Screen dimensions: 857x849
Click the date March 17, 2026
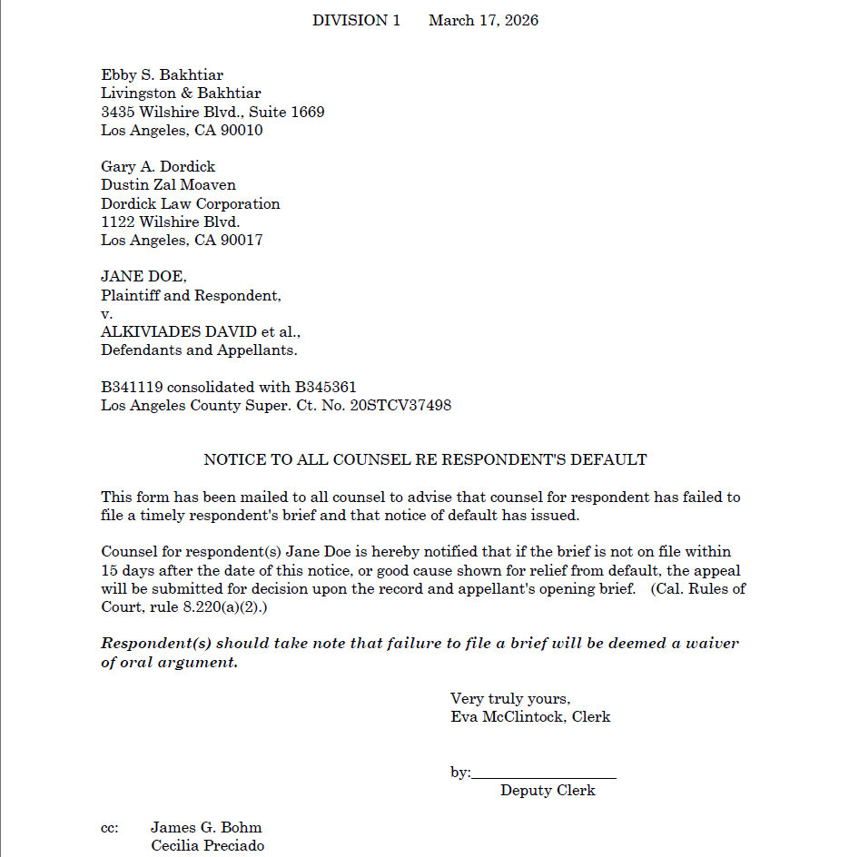(483, 20)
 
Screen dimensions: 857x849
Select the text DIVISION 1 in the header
(356, 20)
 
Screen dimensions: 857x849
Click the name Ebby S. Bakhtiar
(162, 75)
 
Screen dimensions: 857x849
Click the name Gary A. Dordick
(158, 167)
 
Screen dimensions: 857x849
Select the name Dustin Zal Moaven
(168, 185)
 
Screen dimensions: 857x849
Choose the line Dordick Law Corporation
(190, 204)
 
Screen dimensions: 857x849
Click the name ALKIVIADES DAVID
(179, 332)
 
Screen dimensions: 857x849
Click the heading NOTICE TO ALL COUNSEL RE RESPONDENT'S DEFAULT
(425, 460)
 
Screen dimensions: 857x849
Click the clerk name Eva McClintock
(508, 717)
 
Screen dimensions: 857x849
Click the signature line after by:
(544, 773)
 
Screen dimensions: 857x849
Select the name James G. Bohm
(206, 828)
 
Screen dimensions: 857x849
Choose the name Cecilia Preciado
(207, 846)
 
